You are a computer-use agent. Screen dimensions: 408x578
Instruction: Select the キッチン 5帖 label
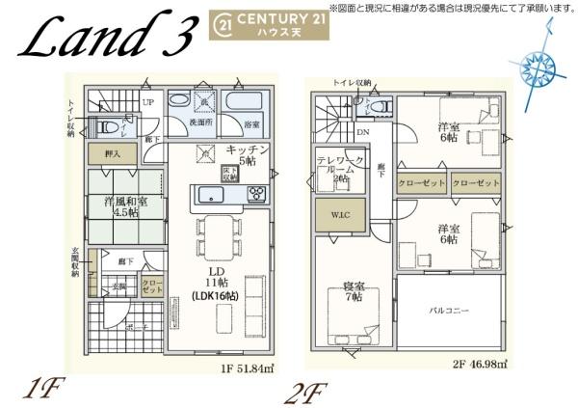coord(248,155)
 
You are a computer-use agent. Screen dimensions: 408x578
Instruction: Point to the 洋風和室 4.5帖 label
coord(123,206)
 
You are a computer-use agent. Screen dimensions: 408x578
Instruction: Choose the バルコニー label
coord(449,312)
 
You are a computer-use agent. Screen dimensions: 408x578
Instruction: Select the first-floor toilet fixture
coord(108,126)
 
